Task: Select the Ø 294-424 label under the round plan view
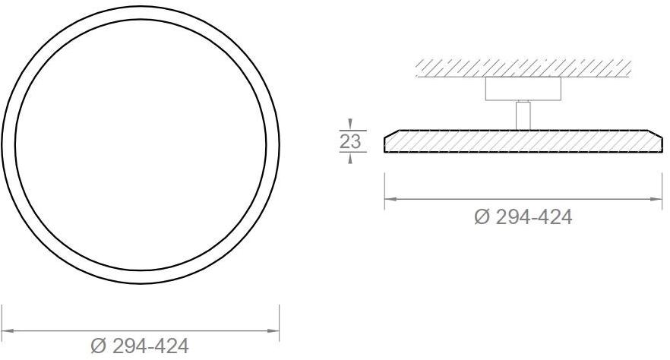click(139, 346)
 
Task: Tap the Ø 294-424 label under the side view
click(523, 217)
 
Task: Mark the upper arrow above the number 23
click(350, 124)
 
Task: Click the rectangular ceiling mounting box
click(523, 89)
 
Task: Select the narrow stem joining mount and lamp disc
click(523, 115)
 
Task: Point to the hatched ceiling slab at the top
click(523, 68)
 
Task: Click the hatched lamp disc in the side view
click(523, 141)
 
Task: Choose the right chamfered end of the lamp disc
click(656, 141)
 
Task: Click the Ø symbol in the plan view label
click(99, 346)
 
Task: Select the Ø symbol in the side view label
click(482, 217)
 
